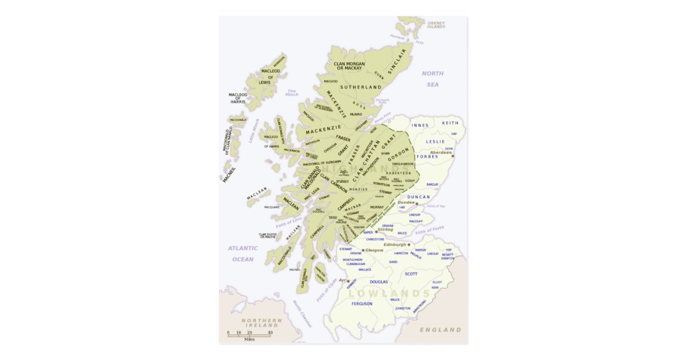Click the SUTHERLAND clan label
coord(360,87)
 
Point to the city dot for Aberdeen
coord(453,155)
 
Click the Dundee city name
coord(406,202)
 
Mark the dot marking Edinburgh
coord(409,245)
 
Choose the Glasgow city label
coord(374,250)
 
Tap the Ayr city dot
coord(348,281)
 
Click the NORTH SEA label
coord(433,79)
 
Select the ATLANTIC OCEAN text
coord(242,254)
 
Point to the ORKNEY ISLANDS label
coord(436,25)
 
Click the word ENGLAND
coord(440,330)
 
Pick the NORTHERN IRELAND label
coord(261,323)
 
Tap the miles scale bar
coord(249,335)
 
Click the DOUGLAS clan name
coord(378,282)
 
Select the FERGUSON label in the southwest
coord(362,303)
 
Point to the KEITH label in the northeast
coord(450,123)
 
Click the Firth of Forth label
coord(429,230)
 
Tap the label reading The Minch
coord(292,93)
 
